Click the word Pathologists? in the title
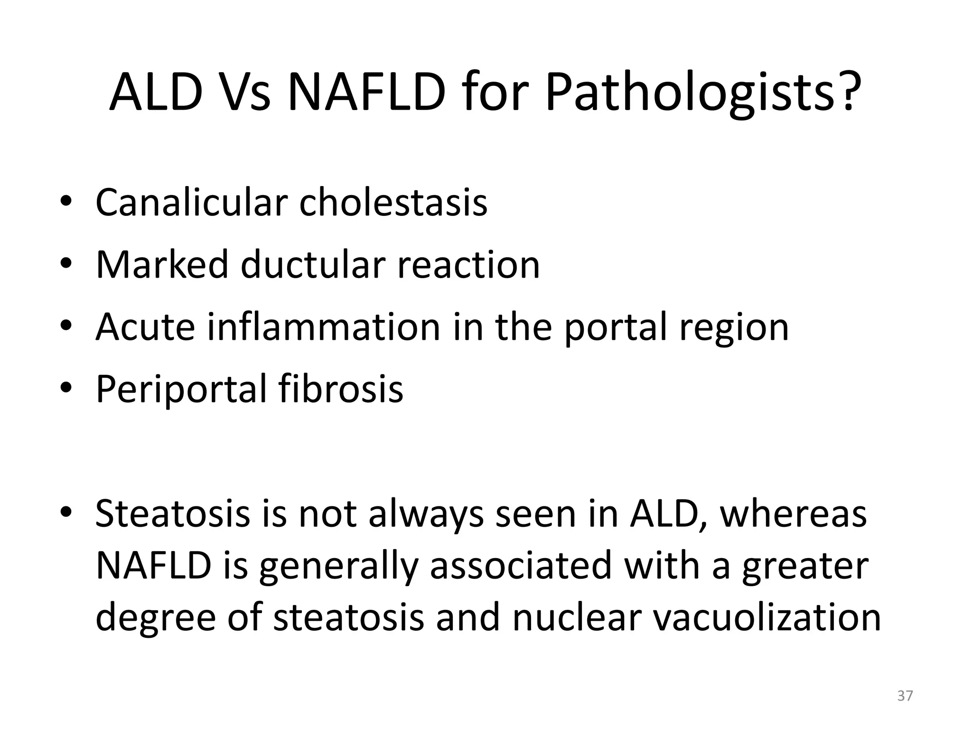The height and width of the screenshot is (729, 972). (x=703, y=93)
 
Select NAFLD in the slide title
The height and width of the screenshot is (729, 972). (x=367, y=93)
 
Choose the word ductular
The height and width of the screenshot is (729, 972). (x=312, y=264)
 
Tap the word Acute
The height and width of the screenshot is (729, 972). (x=145, y=327)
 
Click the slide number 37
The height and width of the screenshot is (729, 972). (x=905, y=696)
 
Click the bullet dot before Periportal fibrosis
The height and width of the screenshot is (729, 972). (x=66, y=389)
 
